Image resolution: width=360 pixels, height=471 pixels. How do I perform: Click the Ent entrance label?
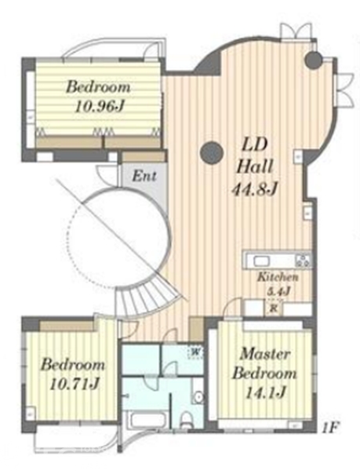(144, 176)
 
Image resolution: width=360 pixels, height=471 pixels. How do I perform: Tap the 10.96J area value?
(100, 106)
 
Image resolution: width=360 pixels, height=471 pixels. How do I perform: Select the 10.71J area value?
(75, 384)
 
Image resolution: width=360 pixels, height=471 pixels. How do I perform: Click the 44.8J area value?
(254, 189)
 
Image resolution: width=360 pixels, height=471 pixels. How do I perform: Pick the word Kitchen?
(278, 277)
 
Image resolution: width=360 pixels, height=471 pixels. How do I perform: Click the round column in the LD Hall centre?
(212, 152)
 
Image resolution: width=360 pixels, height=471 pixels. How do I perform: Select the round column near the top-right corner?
(314, 60)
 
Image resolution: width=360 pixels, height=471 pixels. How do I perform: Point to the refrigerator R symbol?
(273, 309)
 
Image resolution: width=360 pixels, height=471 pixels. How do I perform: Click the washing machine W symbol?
(195, 352)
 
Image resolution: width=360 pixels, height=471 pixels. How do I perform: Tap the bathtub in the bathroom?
(147, 420)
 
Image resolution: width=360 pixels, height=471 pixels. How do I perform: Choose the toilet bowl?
(187, 419)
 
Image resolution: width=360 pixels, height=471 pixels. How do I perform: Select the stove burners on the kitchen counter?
(303, 261)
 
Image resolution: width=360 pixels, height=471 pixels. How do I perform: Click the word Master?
(265, 354)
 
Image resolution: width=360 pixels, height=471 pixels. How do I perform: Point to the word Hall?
(255, 166)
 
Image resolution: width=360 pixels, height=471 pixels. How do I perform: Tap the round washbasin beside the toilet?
(198, 397)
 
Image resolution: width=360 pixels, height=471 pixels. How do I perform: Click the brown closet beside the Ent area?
(144, 157)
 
